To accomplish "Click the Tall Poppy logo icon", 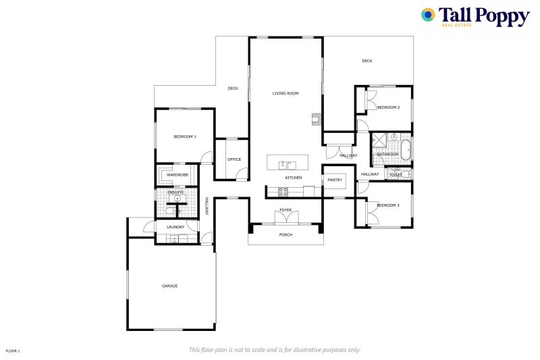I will click(428, 15).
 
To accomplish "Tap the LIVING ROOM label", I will click(285, 93).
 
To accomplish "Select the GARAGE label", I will click(169, 286).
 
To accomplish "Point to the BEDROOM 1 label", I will click(184, 137).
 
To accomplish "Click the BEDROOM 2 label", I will click(388, 107).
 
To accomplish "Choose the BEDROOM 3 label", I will click(388, 205).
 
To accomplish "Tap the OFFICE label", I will click(234, 159).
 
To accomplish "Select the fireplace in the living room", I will click(315, 120).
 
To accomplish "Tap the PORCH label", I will click(286, 235).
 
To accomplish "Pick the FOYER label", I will click(286, 210).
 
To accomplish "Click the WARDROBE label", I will click(177, 175).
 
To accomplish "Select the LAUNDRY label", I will click(175, 227).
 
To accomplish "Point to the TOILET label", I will click(396, 175).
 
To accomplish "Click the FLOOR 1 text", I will click(13, 351).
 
